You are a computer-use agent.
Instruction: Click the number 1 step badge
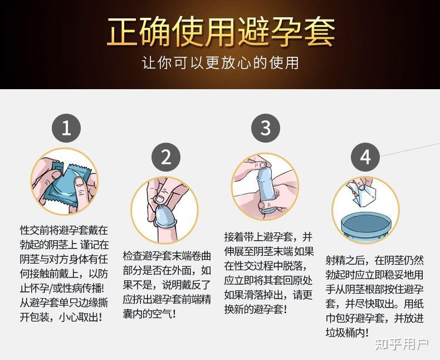(66, 129)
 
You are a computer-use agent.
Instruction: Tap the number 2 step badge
(166, 157)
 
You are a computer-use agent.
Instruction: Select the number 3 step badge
(265, 128)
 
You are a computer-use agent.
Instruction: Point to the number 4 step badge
(365, 157)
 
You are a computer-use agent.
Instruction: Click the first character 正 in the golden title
(124, 32)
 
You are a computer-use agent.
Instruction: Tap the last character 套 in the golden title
(317, 32)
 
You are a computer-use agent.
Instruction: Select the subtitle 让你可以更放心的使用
(220, 62)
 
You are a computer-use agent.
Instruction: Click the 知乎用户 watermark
(402, 344)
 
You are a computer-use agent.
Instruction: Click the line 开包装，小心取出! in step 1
(61, 317)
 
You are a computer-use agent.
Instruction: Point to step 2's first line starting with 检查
(167, 256)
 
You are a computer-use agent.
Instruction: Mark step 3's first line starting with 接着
(268, 236)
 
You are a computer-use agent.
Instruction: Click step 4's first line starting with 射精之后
(374, 260)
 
